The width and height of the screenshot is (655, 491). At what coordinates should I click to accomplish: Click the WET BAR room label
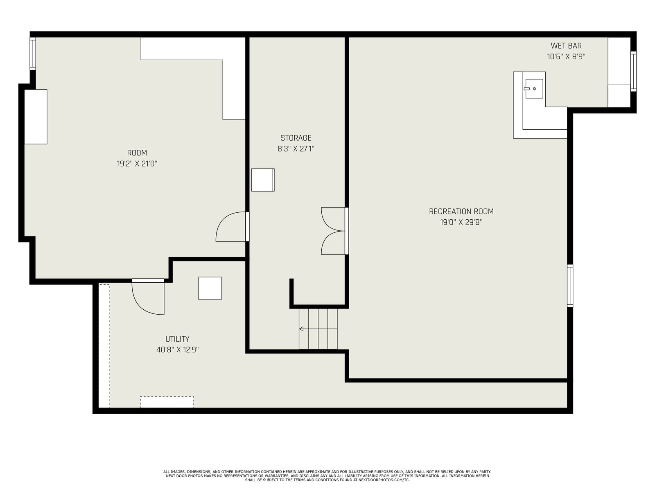[x=566, y=46]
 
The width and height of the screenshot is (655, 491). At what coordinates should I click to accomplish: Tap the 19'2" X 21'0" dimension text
[x=137, y=164]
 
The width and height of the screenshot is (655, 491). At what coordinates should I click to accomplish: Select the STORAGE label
[x=296, y=138]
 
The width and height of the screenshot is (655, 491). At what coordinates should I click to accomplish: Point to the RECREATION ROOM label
[x=461, y=212]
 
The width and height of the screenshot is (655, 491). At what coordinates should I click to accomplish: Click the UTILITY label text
[x=177, y=339]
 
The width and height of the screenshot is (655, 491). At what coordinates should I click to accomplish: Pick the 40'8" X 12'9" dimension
[x=177, y=350]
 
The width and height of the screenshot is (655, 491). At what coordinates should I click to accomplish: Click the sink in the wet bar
[x=534, y=88]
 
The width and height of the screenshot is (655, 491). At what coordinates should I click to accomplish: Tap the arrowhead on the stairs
[x=301, y=329]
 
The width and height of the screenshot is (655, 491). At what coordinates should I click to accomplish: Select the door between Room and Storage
[x=232, y=227]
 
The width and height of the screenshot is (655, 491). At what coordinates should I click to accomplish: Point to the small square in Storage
[x=262, y=180]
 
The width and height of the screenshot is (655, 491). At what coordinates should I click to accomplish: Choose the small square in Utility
[x=210, y=288]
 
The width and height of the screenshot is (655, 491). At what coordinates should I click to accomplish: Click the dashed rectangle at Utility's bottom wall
[x=167, y=402]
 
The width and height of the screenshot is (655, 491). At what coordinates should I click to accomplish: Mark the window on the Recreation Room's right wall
[x=570, y=286]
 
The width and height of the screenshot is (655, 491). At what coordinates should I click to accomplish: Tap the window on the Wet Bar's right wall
[x=633, y=71]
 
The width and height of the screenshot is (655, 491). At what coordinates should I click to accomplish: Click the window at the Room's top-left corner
[x=33, y=53]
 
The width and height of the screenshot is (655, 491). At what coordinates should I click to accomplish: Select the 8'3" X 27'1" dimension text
[x=296, y=149]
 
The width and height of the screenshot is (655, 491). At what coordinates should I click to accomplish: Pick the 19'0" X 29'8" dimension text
[x=461, y=223]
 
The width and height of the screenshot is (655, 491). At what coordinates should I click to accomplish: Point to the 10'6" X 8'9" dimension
[x=566, y=56]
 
